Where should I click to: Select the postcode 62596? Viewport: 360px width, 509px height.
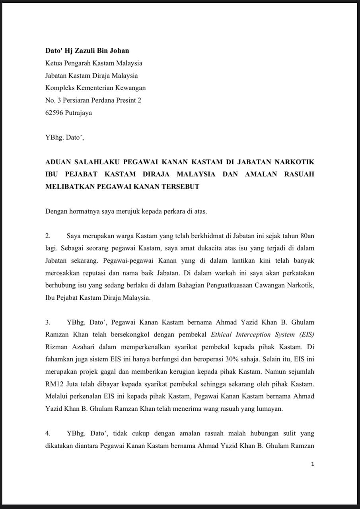(54, 113)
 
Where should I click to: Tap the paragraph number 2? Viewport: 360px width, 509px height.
(48, 236)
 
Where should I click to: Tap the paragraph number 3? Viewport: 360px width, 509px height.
(48, 322)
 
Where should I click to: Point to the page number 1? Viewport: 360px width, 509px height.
(313, 464)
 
